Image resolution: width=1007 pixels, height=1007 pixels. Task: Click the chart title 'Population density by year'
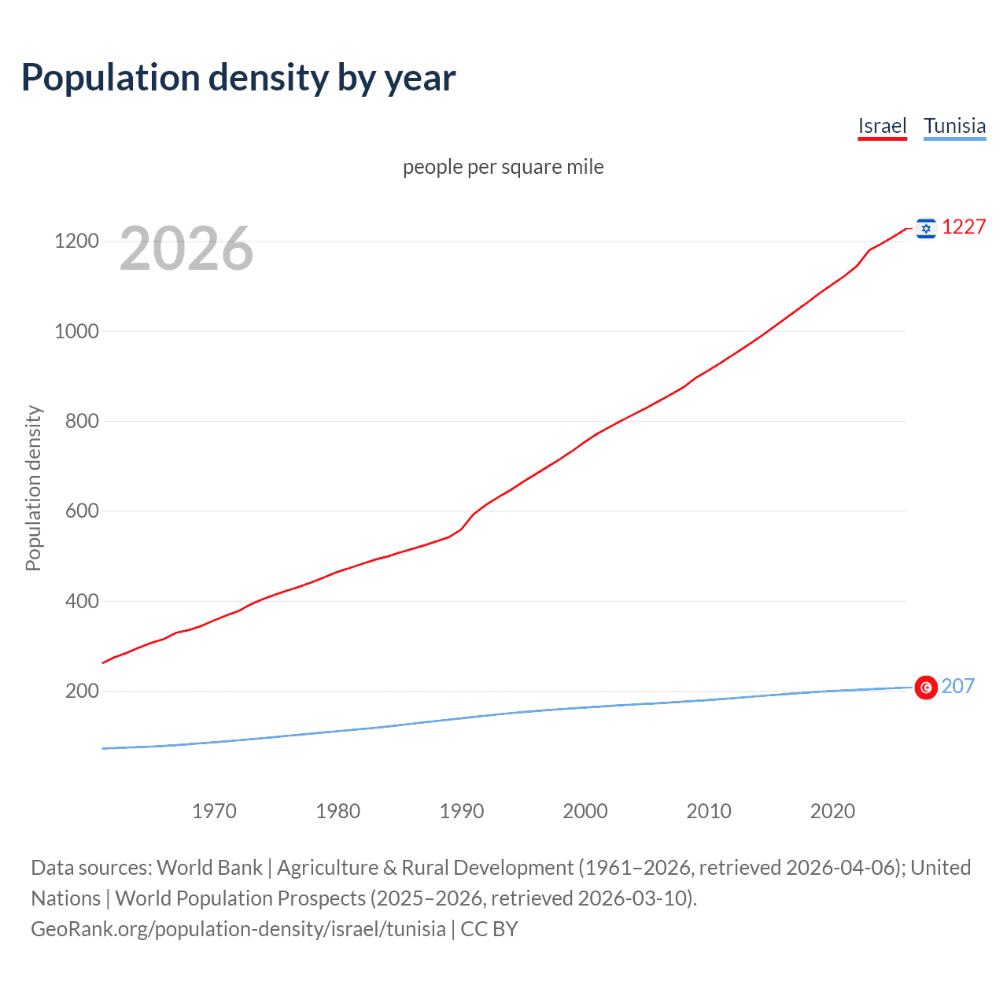coord(238,78)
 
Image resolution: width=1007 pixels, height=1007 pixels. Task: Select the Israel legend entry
coord(882,126)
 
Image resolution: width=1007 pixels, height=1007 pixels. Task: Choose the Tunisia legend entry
coord(954,126)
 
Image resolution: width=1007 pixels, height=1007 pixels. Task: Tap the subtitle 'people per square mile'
coord(503,167)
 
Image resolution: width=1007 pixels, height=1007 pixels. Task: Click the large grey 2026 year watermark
coord(186,249)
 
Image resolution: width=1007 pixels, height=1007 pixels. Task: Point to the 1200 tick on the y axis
coord(76,241)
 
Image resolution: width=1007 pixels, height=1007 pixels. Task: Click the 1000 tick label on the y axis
coord(76,331)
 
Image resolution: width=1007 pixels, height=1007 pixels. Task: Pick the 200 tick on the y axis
coord(82,691)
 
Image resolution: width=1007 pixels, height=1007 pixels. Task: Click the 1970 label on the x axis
coord(214,811)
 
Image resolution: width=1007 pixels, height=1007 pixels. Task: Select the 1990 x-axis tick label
coord(462,811)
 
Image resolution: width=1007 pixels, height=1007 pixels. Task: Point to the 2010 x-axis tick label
coord(709,811)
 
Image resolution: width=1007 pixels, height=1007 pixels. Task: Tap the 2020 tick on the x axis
coord(832,811)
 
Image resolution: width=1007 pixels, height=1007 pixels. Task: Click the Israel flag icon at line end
coord(926,228)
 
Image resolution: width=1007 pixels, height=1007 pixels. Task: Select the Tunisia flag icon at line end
coord(926,688)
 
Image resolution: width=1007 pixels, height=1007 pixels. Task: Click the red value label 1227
coord(964,227)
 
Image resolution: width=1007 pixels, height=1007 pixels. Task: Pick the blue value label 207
coord(957,686)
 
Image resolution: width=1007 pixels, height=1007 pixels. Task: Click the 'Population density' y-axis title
coord(33,488)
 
